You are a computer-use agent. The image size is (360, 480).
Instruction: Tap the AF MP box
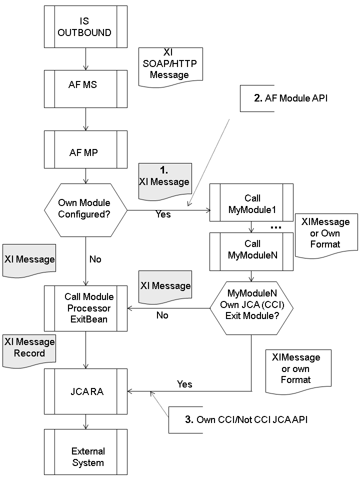[x=86, y=150]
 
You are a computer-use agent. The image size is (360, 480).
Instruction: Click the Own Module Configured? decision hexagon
[x=86, y=209]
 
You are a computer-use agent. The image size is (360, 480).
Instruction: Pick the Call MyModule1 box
[x=251, y=203]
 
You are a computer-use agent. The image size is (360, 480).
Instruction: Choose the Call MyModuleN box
[x=251, y=249]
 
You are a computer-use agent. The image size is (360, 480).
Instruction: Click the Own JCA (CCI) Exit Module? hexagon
[x=251, y=308]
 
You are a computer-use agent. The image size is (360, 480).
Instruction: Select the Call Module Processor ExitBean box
[x=86, y=308]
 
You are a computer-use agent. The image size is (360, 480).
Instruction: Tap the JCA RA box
[x=86, y=390]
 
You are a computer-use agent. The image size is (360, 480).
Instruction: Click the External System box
[x=86, y=455]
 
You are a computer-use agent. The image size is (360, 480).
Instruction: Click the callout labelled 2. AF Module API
[x=257, y=98]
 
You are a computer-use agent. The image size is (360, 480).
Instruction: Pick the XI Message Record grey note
[x=29, y=348]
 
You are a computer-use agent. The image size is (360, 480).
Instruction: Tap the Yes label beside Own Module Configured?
[x=163, y=214]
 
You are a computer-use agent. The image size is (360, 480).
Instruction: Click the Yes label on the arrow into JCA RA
[x=184, y=384]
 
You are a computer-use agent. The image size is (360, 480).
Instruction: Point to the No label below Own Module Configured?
[x=95, y=259]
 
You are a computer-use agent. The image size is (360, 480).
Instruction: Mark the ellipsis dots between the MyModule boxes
[x=275, y=227]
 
